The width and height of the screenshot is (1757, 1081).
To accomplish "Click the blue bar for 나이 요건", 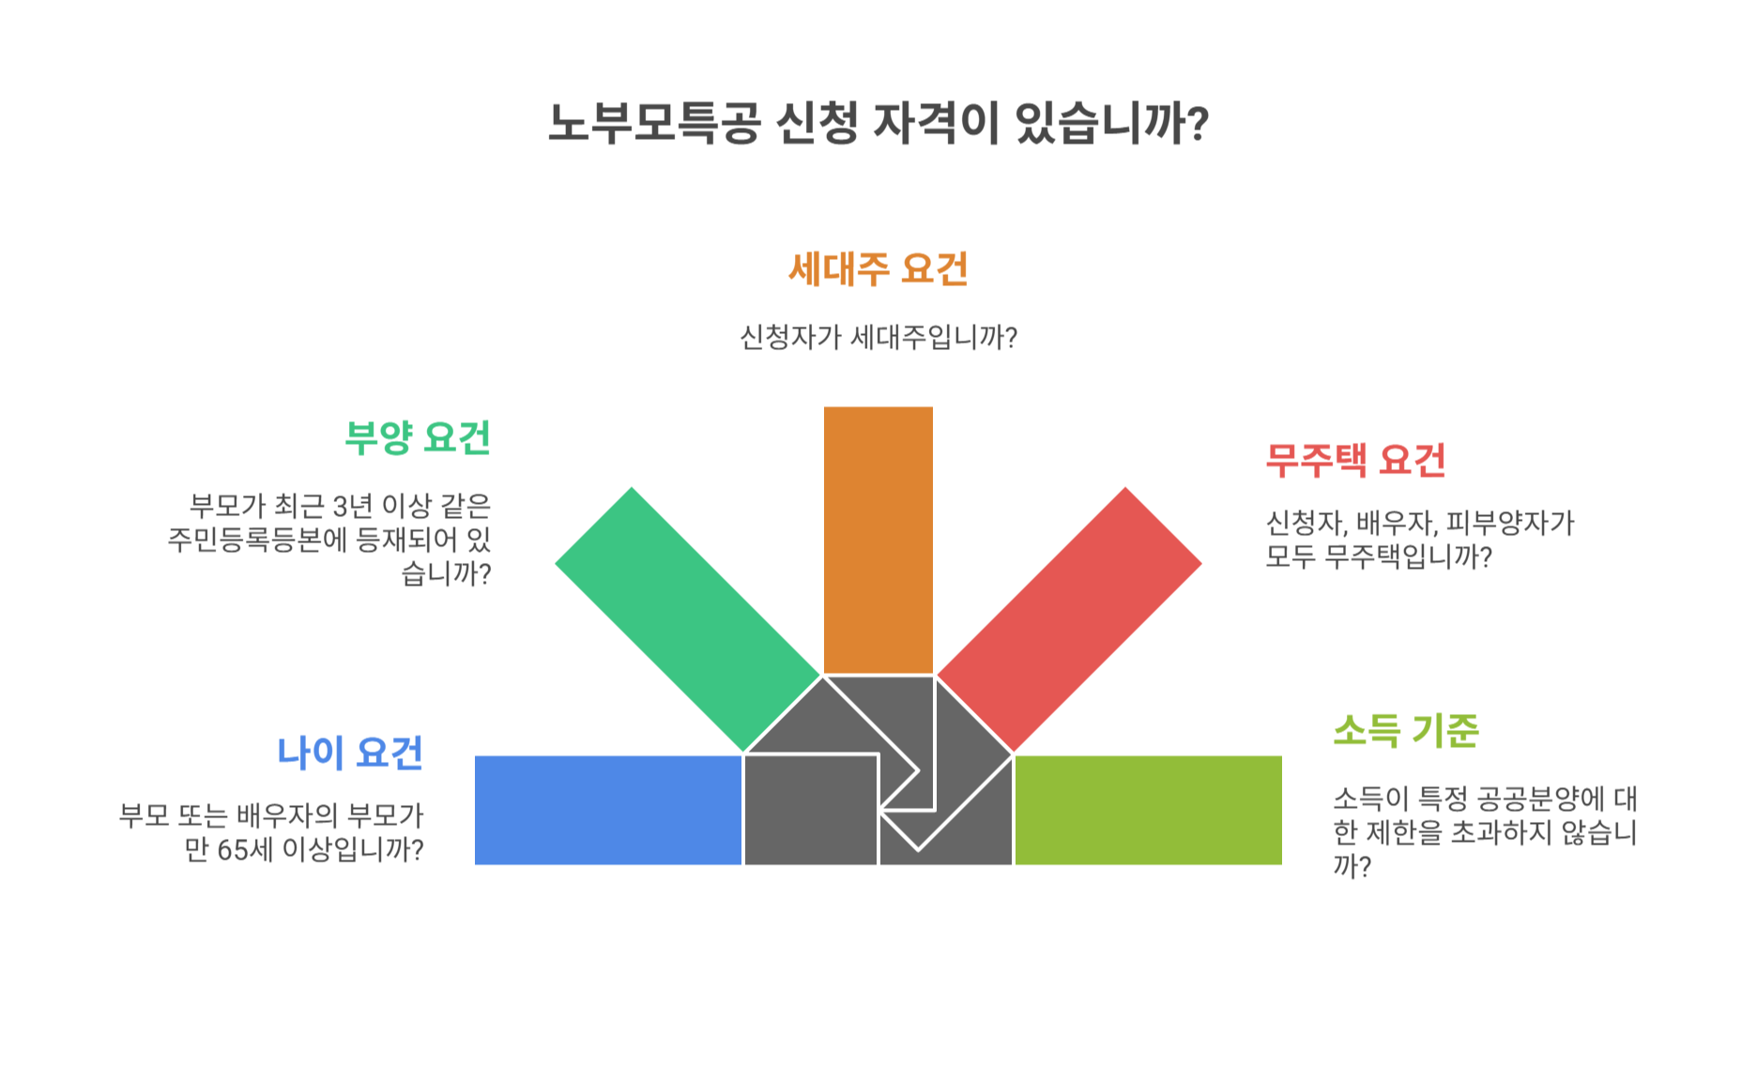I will click(x=608, y=810).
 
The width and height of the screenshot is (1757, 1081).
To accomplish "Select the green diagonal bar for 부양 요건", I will click(x=687, y=619).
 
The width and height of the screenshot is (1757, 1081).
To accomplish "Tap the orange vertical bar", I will click(x=878, y=540).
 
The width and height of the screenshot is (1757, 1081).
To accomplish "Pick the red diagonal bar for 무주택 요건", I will click(x=1069, y=619).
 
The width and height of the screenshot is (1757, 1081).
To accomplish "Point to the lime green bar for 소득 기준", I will click(x=1148, y=810).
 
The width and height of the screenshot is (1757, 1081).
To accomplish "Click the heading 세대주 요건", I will click(x=878, y=269).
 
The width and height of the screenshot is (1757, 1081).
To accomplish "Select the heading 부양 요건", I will click(x=418, y=437).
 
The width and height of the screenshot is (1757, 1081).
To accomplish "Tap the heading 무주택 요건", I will click(x=1355, y=460).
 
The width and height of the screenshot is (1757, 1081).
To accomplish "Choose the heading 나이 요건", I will click(x=350, y=753).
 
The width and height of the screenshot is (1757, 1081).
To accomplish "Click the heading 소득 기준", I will click(x=1405, y=730).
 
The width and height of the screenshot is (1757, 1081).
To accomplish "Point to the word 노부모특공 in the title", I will click(x=653, y=124).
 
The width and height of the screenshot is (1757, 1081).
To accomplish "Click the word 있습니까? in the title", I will click(x=1112, y=124).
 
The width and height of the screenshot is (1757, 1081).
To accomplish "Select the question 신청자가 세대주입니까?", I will click(x=878, y=337).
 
